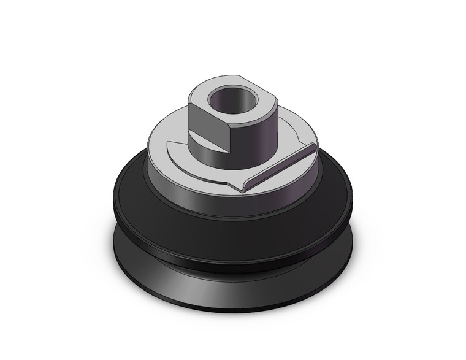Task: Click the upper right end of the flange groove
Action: click(x=313, y=146)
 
